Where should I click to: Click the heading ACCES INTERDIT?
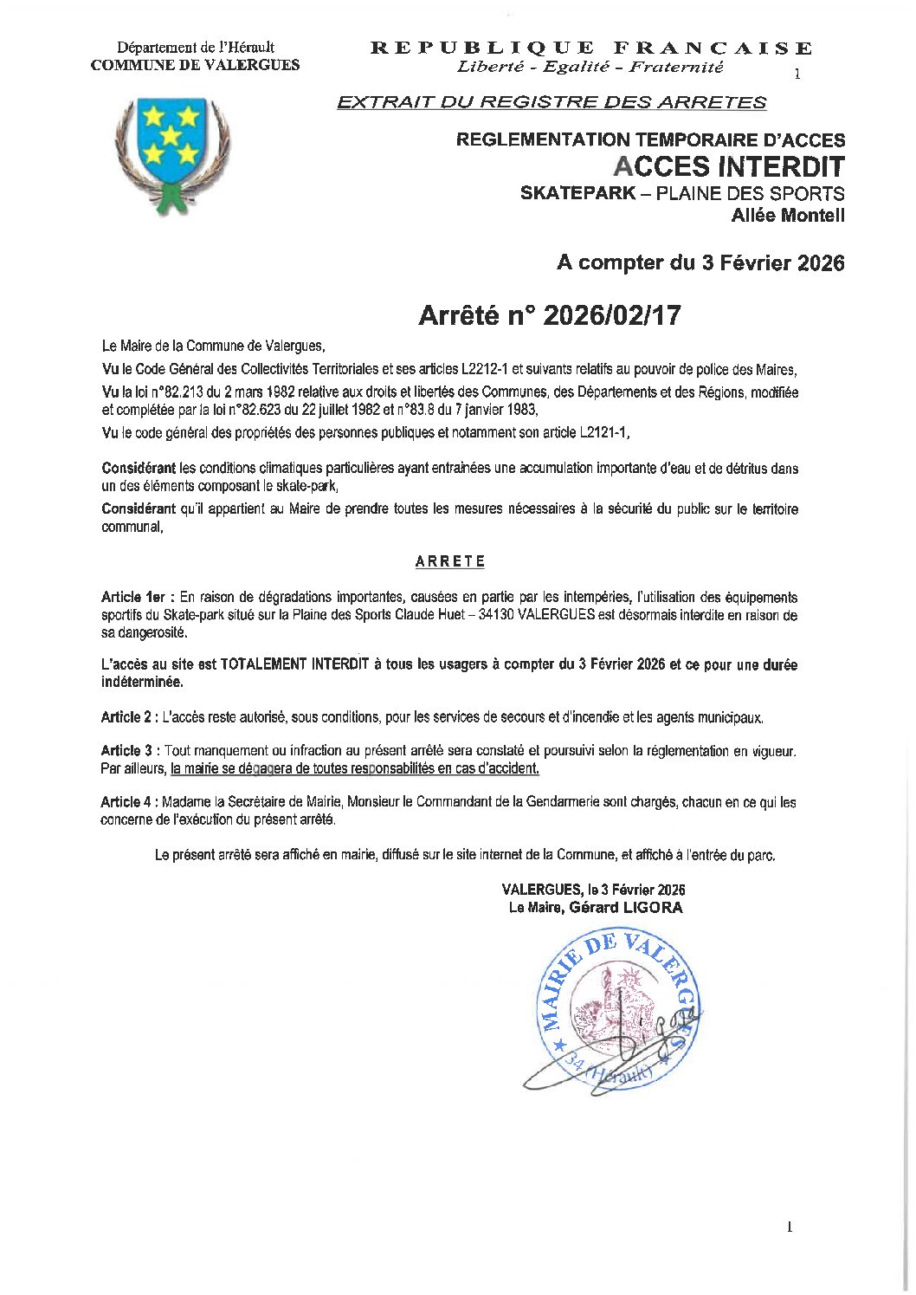pos(728,166)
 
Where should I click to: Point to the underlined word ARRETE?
pos(450,561)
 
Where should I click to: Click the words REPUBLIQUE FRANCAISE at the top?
pos(591,49)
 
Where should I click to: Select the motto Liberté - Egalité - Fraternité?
pos(590,67)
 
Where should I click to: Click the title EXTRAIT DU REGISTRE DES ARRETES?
pos(552,102)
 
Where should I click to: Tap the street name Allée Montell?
pos(787,216)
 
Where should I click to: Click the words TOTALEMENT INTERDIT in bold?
pos(294,664)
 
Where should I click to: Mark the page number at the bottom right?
pos(790,1227)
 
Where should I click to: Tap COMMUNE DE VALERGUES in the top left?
pos(196,65)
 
